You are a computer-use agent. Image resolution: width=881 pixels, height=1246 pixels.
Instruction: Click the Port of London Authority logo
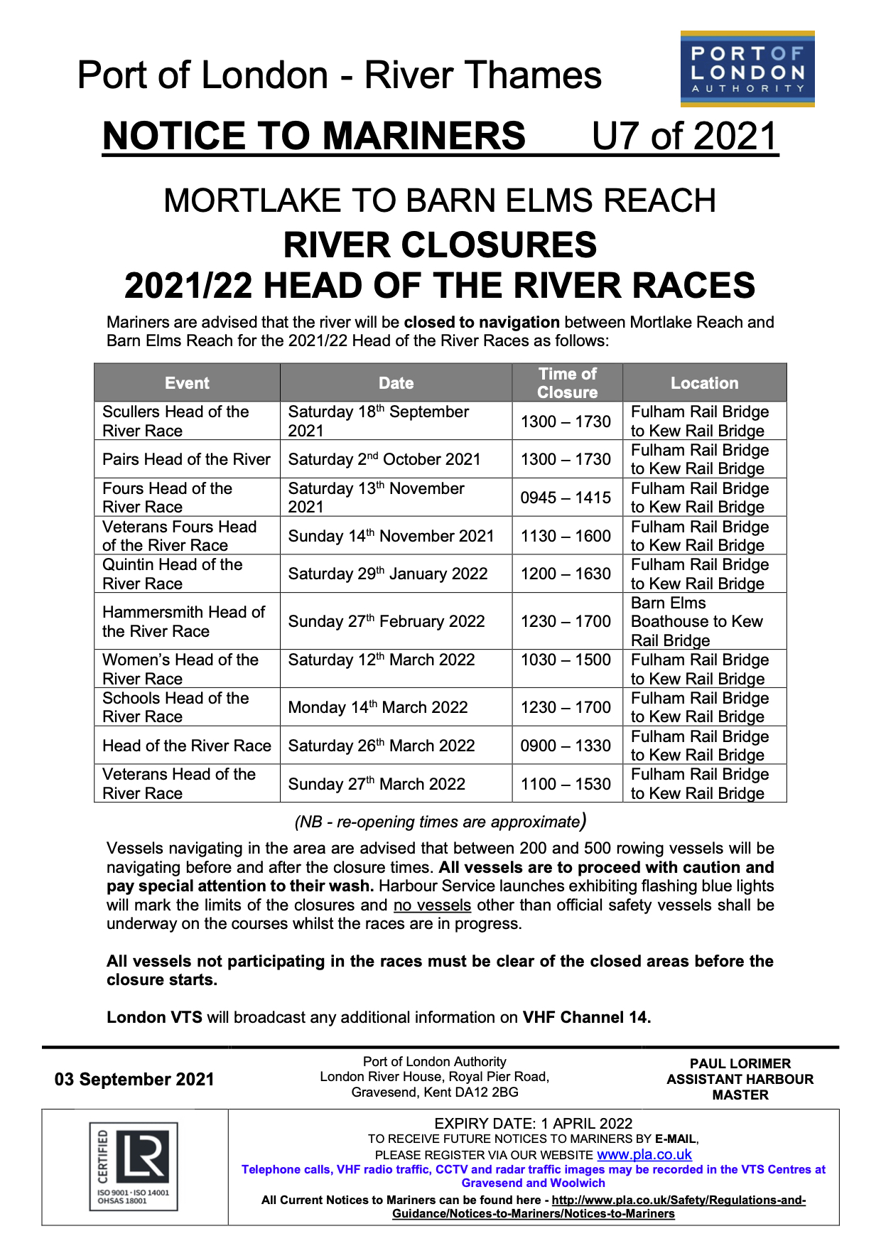pyautogui.click(x=747, y=69)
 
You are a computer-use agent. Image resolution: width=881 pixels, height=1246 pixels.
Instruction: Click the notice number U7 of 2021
pyautogui.click(x=684, y=136)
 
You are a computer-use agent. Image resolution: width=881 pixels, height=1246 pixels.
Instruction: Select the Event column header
pyautogui.click(x=187, y=383)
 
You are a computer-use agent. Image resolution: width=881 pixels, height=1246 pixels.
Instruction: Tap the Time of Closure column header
pyautogui.click(x=567, y=383)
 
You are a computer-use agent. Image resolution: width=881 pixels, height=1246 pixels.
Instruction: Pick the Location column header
pyautogui.click(x=704, y=383)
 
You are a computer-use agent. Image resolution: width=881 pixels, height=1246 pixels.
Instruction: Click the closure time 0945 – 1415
pyautogui.click(x=566, y=498)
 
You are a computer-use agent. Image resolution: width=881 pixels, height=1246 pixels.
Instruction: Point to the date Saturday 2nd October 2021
pyautogui.click(x=384, y=459)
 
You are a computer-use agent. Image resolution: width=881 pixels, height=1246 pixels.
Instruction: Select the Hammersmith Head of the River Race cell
pyautogui.click(x=183, y=621)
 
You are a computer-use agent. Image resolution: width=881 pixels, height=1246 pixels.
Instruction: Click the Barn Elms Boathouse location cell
pyautogui.click(x=697, y=621)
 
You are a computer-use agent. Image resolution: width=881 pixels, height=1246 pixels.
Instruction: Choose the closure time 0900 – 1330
pyautogui.click(x=566, y=746)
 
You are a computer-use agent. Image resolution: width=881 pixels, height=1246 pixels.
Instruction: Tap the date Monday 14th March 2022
pyautogui.click(x=378, y=707)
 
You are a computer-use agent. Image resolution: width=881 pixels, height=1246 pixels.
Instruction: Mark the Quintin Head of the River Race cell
pyautogui.click(x=173, y=574)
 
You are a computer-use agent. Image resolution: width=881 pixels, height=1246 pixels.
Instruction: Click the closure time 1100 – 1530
pyautogui.click(x=566, y=784)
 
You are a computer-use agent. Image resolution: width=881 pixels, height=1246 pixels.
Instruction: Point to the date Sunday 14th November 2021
pyautogui.click(x=391, y=536)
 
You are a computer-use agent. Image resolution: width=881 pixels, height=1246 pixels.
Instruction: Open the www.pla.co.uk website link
pyautogui.click(x=644, y=1155)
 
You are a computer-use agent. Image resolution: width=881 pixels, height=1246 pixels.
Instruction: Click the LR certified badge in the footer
pyautogui.click(x=134, y=1166)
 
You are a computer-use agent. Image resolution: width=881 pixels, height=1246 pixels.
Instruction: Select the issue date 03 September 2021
pyautogui.click(x=134, y=1080)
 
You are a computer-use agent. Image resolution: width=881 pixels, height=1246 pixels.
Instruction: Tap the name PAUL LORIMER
pyautogui.click(x=740, y=1064)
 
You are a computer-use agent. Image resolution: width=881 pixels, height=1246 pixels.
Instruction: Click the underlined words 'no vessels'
pyautogui.click(x=432, y=906)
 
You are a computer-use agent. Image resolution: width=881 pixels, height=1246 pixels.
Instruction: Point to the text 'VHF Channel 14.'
pyautogui.click(x=587, y=1017)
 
